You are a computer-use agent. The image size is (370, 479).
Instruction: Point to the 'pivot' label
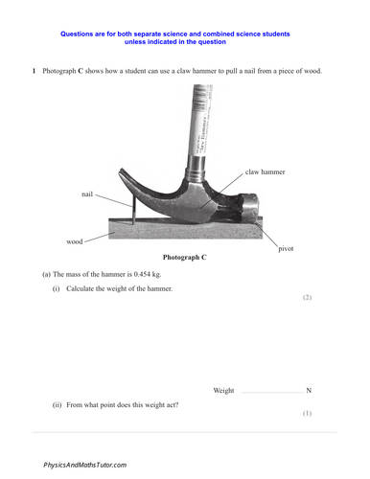pos(286,248)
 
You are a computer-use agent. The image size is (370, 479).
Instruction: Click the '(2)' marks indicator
pos(308,298)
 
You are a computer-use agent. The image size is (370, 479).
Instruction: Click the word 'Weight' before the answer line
pos(223,391)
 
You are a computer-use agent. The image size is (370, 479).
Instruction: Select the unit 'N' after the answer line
pos(309,391)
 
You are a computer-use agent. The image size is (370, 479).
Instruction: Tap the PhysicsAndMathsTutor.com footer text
pos(84,465)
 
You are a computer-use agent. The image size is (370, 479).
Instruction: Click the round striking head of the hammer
pos(252,208)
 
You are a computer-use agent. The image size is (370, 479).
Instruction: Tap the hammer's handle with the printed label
pos(202,125)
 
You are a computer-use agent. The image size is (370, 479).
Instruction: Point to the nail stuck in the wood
pos(134,213)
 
